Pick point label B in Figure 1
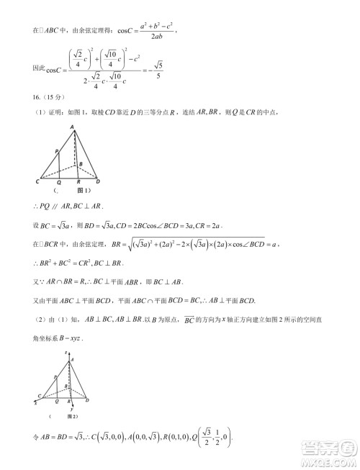pyautogui.click(x=81, y=164)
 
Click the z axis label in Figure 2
pyautogui.click(x=66, y=353)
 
